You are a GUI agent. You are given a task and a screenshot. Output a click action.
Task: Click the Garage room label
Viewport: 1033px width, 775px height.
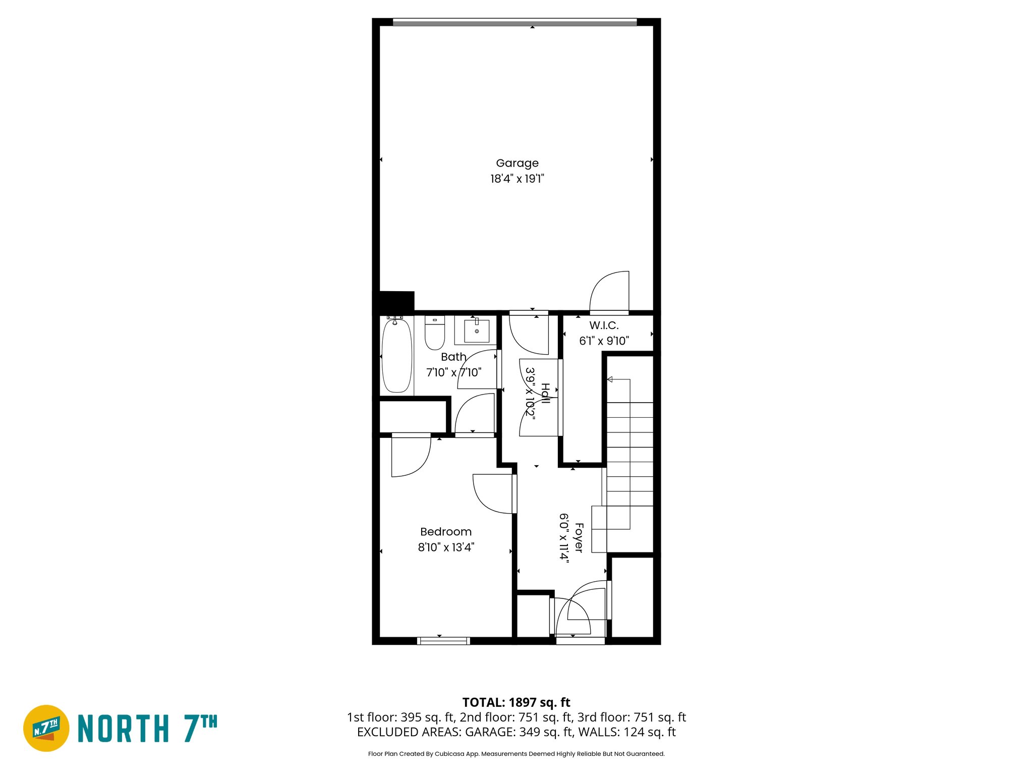tap(517, 163)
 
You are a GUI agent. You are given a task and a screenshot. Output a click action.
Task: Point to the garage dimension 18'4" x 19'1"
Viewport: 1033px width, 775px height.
tap(517, 179)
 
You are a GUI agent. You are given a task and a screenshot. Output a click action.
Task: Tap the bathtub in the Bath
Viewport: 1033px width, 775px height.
tap(397, 356)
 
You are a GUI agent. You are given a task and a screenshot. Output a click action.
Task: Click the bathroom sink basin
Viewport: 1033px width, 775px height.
tap(476, 331)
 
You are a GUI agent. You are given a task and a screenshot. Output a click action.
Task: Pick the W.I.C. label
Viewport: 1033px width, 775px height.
tap(604, 325)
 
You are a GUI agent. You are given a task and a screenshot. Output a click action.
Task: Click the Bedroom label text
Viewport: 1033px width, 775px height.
tap(446, 532)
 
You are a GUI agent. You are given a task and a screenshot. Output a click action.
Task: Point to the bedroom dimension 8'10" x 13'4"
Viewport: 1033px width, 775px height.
tap(446, 547)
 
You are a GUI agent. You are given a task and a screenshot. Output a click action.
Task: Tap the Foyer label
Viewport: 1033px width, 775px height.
tap(579, 538)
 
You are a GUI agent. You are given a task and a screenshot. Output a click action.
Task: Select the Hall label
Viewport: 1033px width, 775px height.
tap(545, 394)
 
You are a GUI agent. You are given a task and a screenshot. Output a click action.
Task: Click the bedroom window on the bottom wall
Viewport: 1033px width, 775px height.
tap(444, 641)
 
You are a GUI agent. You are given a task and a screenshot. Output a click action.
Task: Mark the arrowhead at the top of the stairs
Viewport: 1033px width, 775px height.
tap(610, 379)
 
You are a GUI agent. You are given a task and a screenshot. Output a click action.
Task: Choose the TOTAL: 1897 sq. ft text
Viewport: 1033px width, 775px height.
tap(516, 702)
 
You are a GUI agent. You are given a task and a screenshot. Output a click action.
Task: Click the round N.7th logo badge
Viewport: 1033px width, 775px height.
tap(46, 728)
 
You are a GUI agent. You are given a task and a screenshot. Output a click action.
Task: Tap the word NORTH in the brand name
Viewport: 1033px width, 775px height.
tap(124, 729)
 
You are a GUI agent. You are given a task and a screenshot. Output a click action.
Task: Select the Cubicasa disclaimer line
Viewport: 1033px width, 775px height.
tap(516, 754)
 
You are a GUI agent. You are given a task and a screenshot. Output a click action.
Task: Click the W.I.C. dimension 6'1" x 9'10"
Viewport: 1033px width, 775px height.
tap(604, 341)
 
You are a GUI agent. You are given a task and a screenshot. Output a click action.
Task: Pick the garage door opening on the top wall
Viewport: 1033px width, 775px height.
tap(514, 22)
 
